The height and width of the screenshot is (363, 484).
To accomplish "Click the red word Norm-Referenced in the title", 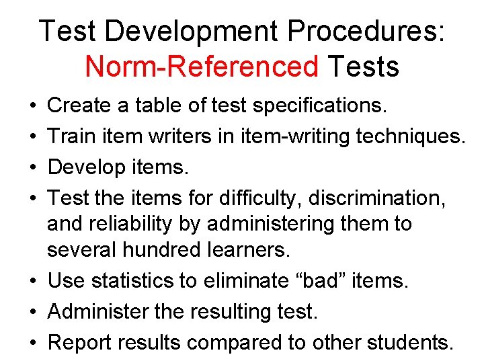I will pos(202,67).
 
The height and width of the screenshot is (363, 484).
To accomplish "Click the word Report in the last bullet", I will pos(81,342).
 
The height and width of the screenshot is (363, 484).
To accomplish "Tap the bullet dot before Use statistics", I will pos(32,281).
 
